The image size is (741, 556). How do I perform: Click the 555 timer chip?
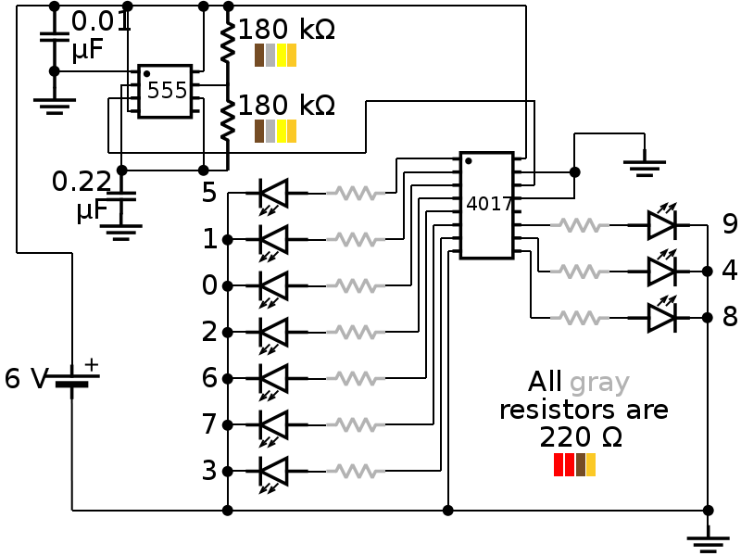coord(165,91)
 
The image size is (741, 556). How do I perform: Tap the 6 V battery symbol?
coord(71,380)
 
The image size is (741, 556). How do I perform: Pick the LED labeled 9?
coord(661,224)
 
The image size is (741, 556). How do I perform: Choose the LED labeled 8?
coord(661,317)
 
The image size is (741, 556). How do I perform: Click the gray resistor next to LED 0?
coord(356,285)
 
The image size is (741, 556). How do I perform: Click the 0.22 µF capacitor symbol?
coord(121,196)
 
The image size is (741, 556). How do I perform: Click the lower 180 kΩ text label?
coord(286,105)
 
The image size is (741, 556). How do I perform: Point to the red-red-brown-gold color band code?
coord(574,464)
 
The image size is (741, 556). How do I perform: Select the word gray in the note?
coord(599,383)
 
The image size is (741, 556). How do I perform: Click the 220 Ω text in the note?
coord(580,436)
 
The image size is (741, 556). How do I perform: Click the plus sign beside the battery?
coord(91,365)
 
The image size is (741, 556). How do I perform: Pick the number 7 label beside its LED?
coord(209,424)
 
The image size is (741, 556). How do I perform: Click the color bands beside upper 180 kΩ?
coord(275,56)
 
